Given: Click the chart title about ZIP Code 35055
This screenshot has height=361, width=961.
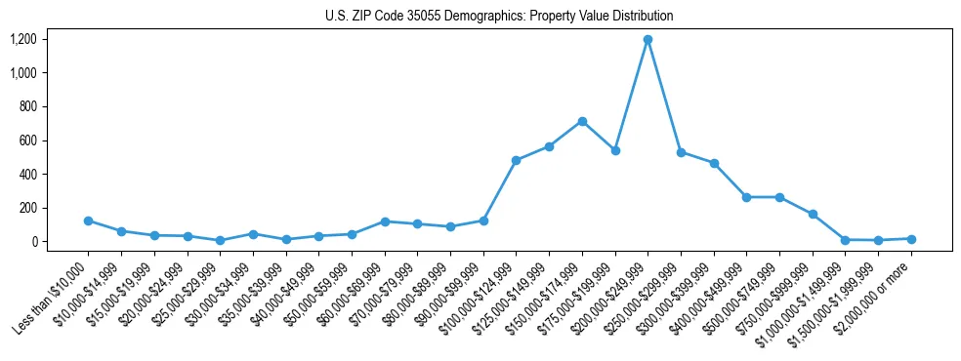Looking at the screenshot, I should [499, 16].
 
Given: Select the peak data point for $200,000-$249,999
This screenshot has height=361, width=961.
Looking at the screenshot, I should [648, 40].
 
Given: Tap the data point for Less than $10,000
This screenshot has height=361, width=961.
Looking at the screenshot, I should [88, 221].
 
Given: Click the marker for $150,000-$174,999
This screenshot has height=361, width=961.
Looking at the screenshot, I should [582, 121].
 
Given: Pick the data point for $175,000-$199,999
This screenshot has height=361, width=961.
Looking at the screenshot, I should [615, 151].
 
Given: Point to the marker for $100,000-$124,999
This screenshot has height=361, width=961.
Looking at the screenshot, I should [516, 160].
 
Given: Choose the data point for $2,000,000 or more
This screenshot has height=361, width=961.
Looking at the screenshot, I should [911, 239].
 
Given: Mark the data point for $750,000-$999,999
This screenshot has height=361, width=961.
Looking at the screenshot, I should [813, 214].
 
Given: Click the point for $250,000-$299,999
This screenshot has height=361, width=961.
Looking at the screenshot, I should [681, 152].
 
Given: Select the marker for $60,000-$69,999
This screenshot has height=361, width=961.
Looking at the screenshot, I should [385, 221].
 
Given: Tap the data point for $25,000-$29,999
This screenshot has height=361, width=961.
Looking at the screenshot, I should [220, 240].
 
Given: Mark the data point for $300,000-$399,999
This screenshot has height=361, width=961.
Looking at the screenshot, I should [714, 163].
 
